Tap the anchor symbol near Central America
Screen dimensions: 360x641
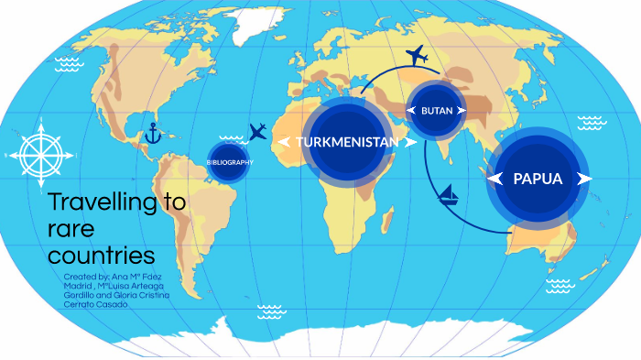153,136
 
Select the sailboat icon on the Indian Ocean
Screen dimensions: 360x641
450,194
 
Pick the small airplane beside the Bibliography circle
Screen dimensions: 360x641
257,130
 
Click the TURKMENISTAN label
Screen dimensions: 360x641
347,142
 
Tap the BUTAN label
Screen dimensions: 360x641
437,111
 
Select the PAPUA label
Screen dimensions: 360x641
538,179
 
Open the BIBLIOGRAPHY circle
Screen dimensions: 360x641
229,162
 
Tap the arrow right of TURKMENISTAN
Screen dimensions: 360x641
410,142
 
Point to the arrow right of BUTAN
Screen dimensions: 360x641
462,111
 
